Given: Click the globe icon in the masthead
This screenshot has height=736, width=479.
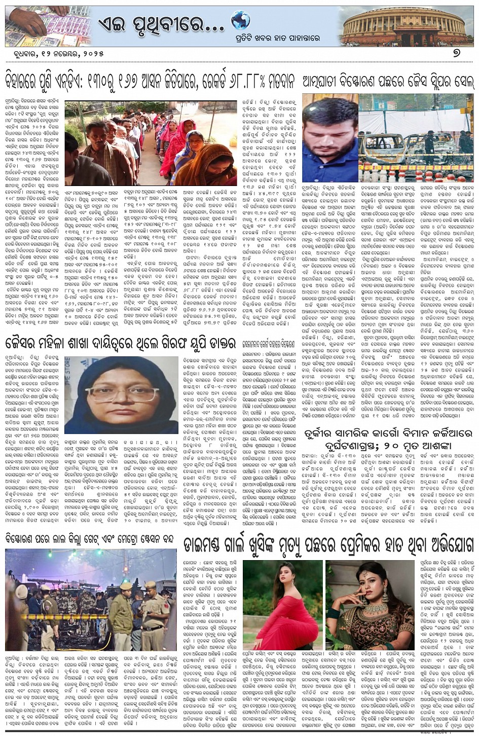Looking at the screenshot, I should (240, 20).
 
